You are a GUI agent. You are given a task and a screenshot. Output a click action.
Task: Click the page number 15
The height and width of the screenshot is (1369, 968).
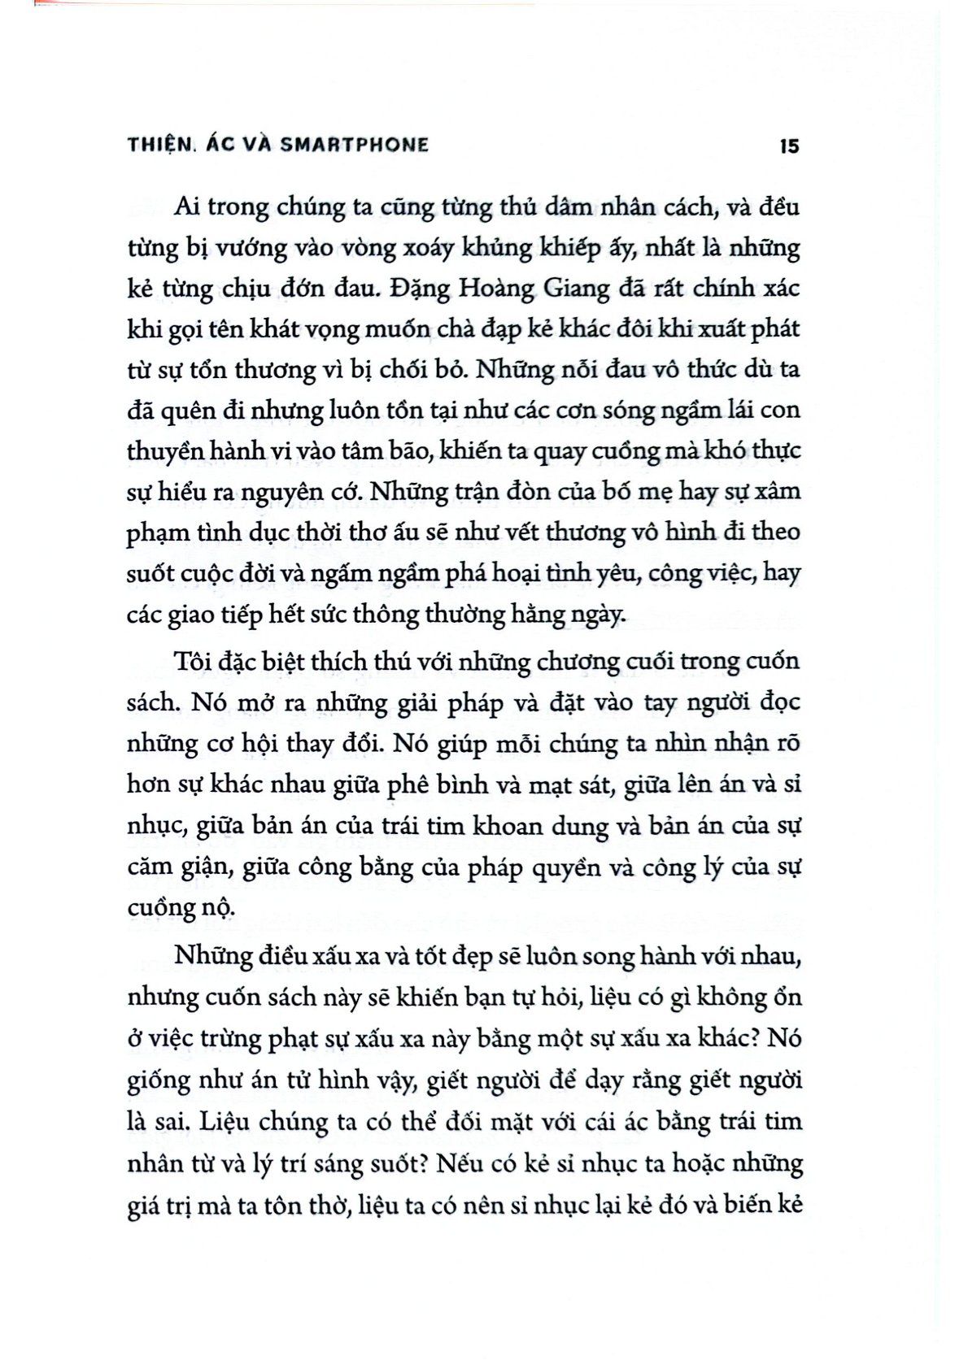click(788, 146)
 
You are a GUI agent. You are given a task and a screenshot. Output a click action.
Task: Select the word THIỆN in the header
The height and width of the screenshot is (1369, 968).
click(162, 145)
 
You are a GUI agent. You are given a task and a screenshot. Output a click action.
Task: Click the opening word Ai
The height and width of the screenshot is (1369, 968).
click(187, 206)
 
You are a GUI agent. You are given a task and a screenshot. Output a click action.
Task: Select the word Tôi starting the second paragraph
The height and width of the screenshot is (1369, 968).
click(192, 661)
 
